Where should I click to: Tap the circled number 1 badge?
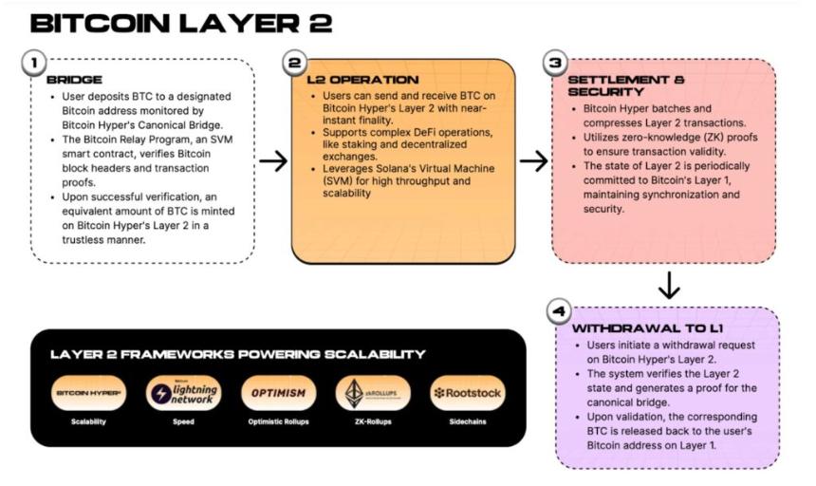(33, 64)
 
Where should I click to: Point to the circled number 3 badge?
(554, 64)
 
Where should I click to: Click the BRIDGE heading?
(74, 82)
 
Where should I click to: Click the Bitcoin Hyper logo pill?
(87, 392)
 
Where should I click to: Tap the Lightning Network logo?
(182, 392)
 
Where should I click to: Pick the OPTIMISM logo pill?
(278, 392)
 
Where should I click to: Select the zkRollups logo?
(373, 392)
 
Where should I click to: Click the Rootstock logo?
(467, 392)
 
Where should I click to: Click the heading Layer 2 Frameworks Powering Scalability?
(237, 354)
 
